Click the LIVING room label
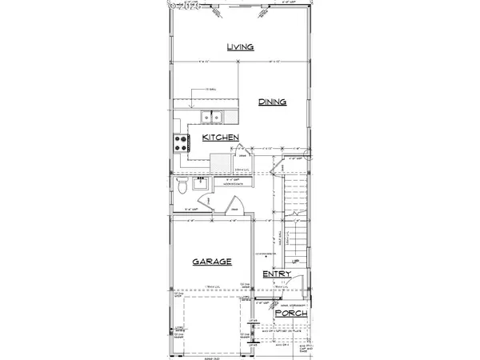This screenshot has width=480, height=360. coord(239,47)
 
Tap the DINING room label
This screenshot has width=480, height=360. coord(272,102)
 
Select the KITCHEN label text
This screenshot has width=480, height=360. coord(221,138)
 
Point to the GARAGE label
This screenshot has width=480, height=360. coord(211,262)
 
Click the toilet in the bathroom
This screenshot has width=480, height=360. coord(183,187)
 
